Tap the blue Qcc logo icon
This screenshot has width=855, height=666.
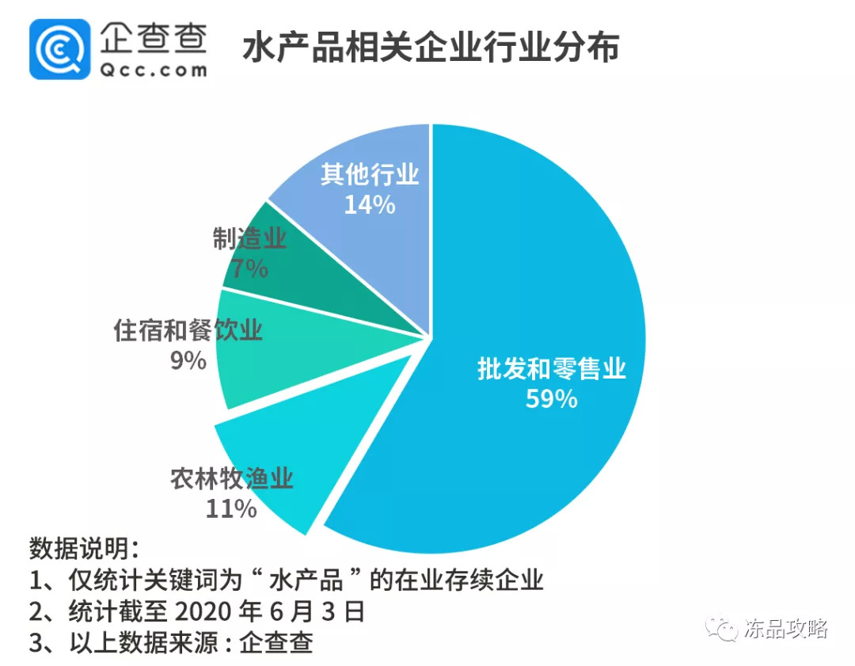pyautogui.click(x=60, y=49)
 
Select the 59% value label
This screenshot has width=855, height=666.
pyautogui.click(x=552, y=398)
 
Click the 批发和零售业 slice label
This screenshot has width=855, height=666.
pyautogui.click(x=552, y=368)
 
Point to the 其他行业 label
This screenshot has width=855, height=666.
pyautogui.click(x=370, y=174)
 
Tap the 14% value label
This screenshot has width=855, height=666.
pyautogui.click(x=370, y=204)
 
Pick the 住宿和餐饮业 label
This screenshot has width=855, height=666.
pyautogui.click(x=188, y=330)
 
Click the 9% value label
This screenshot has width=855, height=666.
pyautogui.click(x=188, y=360)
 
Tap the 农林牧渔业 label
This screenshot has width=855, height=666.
pyautogui.click(x=232, y=479)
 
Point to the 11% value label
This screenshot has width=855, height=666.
pyautogui.click(x=231, y=508)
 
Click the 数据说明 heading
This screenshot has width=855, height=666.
pyautogui.click(x=83, y=548)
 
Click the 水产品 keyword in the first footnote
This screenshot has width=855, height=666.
pyautogui.click(x=306, y=580)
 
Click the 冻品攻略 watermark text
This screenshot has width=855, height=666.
pyautogui.click(x=785, y=629)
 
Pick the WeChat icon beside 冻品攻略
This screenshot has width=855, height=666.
pyautogui.click(x=723, y=629)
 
